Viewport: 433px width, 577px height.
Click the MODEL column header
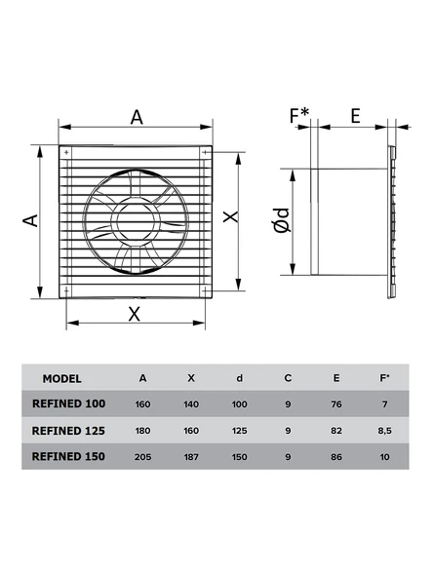pyautogui.click(x=62, y=378)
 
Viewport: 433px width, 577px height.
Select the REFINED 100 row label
pyautogui.click(x=69, y=403)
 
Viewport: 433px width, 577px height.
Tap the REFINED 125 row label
pyautogui.click(x=69, y=429)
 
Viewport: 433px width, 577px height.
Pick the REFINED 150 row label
pyautogui.click(x=69, y=455)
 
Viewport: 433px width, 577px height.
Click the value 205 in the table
pyautogui.click(x=143, y=455)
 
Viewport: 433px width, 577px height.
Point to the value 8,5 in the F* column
pyautogui.click(x=383, y=429)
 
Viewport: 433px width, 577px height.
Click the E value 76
pyautogui.click(x=335, y=403)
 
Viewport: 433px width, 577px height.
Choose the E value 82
pyautogui.click(x=335, y=429)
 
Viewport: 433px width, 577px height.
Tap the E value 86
pyautogui.click(x=335, y=455)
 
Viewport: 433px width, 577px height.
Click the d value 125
pyautogui.click(x=239, y=429)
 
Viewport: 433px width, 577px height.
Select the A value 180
pyautogui.click(x=143, y=429)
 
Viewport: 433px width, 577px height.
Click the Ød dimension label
pyautogui.click(x=281, y=221)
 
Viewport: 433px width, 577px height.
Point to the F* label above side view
pyautogui.click(x=298, y=117)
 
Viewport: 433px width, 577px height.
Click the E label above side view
pyautogui.click(x=355, y=117)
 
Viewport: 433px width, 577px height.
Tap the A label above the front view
pyautogui.click(x=137, y=117)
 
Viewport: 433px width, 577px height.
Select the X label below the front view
pyautogui.click(x=135, y=313)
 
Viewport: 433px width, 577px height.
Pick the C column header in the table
pyautogui.click(x=288, y=378)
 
